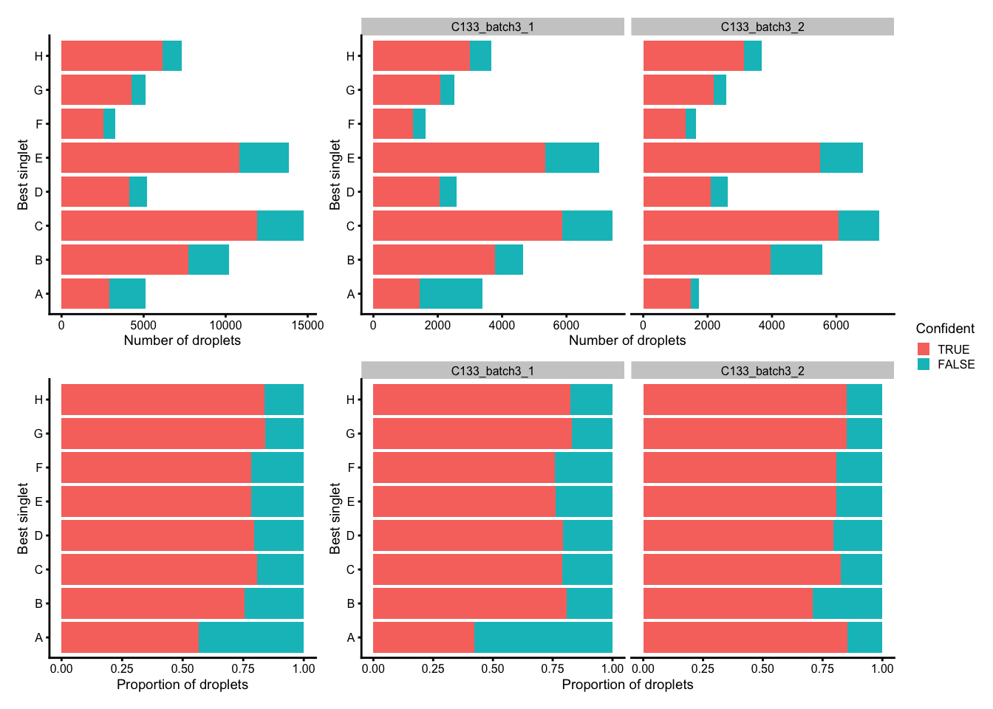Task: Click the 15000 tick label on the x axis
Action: [x=308, y=325]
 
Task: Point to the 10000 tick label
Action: [x=225, y=325]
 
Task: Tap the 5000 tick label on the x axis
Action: [x=143, y=325]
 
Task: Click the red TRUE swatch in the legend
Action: [x=924, y=349]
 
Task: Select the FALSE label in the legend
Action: [x=955, y=364]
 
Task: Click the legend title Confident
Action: [x=944, y=329]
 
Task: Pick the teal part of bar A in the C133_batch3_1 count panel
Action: [x=451, y=294]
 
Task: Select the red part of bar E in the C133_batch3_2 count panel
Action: [x=731, y=158]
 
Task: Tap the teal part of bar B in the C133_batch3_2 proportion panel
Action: [x=847, y=603]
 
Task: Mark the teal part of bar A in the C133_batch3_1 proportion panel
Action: [x=543, y=637]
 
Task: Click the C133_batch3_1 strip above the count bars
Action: [x=493, y=27]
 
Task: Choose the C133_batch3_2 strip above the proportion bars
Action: [x=762, y=371]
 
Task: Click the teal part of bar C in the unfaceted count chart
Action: [x=280, y=226]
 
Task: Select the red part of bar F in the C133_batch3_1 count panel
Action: [x=393, y=124]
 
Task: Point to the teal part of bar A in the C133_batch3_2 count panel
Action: [x=695, y=294]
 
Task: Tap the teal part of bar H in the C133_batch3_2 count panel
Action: [x=753, y=56]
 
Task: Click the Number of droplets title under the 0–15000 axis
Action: [x=182, y=340]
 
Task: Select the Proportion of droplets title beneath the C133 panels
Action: [x=627, y=685]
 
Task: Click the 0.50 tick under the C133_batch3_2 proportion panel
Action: [x=762, y=669]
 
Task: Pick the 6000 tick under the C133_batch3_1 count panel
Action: [x=566, y=325]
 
